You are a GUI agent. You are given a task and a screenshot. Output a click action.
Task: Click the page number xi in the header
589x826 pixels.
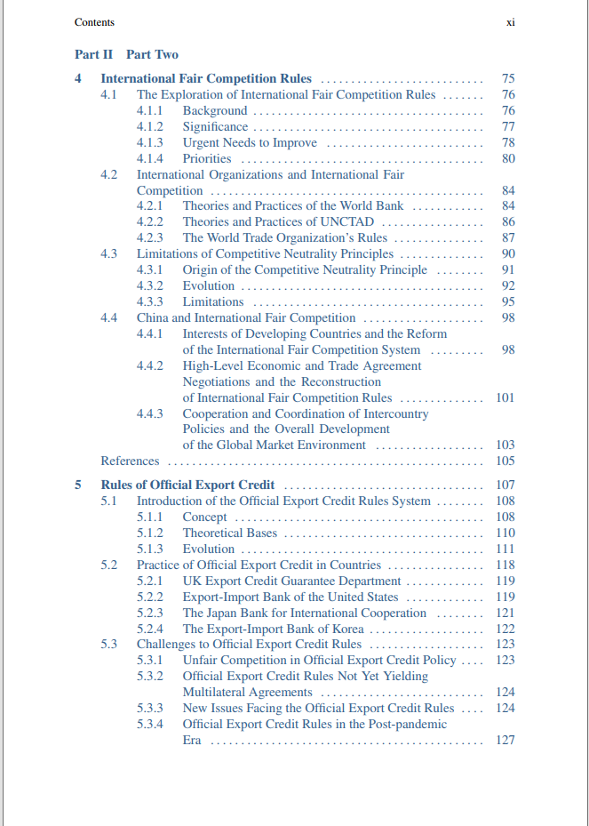click(510, 22)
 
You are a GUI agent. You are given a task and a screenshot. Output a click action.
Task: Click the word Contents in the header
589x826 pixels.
click(94, 22)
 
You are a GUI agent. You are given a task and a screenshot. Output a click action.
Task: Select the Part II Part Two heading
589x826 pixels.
click(126, 54)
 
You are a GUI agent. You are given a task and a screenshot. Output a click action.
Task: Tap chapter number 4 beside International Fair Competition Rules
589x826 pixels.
click(78, 79)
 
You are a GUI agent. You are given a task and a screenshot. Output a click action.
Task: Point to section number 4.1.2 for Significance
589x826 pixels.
click(149, 127)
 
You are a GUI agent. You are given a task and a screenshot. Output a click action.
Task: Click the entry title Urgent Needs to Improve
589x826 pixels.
click(250, 143)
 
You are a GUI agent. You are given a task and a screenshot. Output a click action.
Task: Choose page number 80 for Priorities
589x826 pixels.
click(508, 159)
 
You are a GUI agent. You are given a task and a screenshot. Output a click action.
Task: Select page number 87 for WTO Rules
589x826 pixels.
click(508, 238)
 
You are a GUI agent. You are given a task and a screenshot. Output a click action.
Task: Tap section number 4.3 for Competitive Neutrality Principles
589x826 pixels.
click(108, 254)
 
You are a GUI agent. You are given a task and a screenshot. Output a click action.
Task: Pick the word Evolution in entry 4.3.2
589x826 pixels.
click(209, 286)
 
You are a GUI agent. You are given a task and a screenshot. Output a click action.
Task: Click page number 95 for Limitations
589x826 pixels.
click(508, 302)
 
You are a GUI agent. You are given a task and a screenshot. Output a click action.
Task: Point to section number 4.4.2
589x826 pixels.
click(149, 366)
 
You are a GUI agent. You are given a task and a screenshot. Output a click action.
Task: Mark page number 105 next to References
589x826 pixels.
click(505, 461)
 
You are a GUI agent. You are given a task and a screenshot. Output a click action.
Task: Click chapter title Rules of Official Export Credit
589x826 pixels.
click(187, 485)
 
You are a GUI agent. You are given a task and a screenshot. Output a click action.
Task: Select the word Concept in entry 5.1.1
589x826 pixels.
click(205, 517)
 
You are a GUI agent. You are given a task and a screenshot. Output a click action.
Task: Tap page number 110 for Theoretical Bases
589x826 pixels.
click(505, 533)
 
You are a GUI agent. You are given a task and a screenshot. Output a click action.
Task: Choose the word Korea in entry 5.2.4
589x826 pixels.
click(346, 630)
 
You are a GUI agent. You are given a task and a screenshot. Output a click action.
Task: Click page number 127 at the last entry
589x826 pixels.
click(505, 741)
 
